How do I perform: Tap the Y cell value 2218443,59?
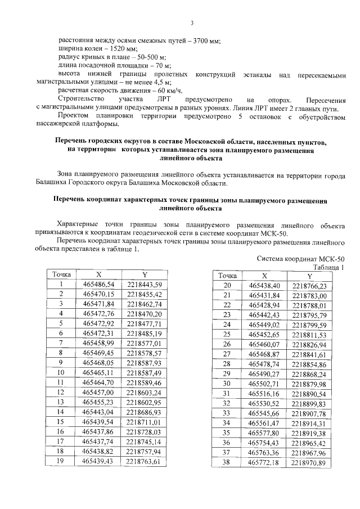144,284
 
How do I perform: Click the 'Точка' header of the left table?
61,274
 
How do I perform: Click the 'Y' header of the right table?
309,276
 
